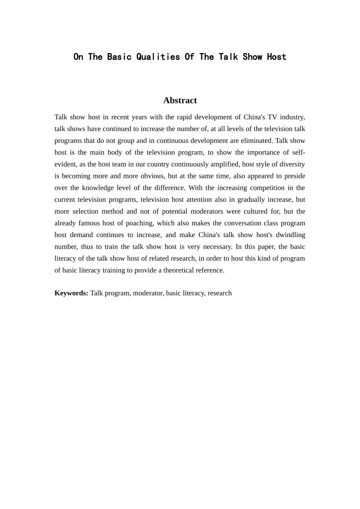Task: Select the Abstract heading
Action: click(x=180, y=100)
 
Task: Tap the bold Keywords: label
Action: click(x=71, y=293)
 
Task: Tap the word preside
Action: click(x=295, y=176)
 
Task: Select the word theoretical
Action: click(x=180, y=270)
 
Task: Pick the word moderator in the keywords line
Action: click(x=147, y=293)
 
